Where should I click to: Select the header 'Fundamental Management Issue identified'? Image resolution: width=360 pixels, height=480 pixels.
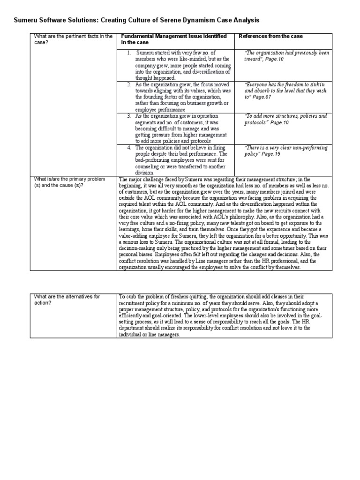click(x=174, y=36)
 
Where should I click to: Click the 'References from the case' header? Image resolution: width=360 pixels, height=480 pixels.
click(x=271, y=36)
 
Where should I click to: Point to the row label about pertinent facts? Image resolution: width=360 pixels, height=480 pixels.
click(x=72, y=39)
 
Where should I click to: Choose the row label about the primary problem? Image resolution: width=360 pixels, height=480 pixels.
click(x=68, y=182)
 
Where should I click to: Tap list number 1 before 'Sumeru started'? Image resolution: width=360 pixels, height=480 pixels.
click(x=129, y=53)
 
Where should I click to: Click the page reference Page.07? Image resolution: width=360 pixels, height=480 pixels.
click(x=262, y=97)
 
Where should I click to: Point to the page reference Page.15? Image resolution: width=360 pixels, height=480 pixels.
click(x=271, y=154)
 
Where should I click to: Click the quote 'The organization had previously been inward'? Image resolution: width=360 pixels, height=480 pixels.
click(x=286, y=56)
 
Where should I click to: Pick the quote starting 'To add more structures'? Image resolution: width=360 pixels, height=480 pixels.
click(x=285, y=119)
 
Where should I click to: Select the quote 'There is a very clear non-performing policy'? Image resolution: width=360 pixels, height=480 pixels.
click(x=285, y=150)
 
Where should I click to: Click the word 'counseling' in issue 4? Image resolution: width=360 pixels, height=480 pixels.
click(x=149, y=166)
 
